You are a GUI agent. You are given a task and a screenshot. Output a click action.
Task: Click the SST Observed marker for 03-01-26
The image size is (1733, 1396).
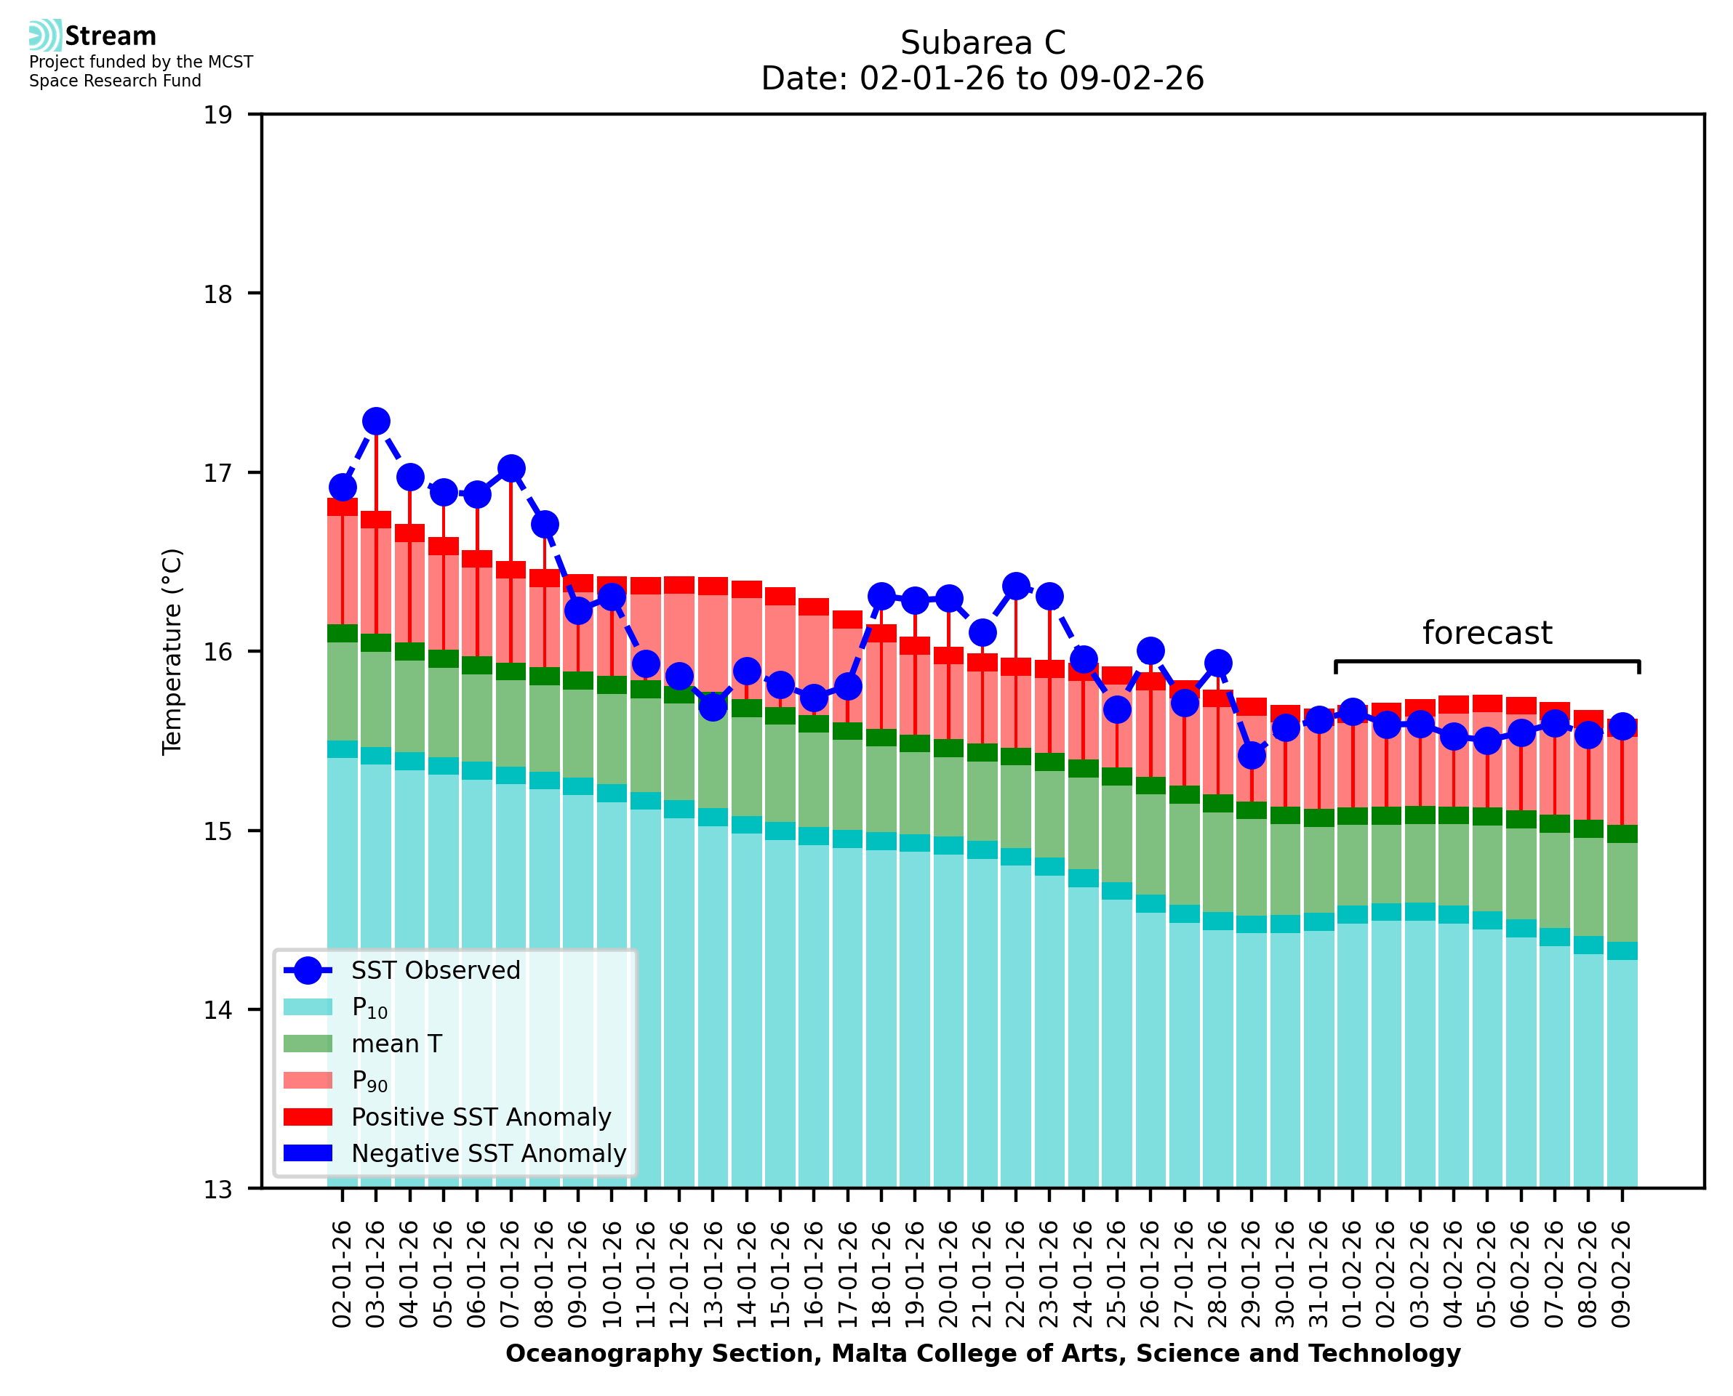coord(376,421)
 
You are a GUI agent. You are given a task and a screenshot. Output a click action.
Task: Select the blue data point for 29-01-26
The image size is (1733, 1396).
coord(1251,755)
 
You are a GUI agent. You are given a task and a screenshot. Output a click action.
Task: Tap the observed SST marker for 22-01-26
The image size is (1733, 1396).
coord(1015,586)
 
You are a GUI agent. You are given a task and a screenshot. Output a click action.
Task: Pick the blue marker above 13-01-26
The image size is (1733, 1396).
coord(713,707)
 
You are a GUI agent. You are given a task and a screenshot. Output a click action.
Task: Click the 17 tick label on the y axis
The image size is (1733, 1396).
coord(217,473)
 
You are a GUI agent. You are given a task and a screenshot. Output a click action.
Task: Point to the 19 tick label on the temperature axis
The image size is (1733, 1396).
coord(217,115)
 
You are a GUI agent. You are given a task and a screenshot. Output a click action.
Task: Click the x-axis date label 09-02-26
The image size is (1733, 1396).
coord(1621,1275)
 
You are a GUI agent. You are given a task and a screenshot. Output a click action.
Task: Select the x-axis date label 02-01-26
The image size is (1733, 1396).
coord(342,1275)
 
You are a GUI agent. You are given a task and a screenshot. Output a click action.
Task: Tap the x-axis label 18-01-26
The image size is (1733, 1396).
coord(881,1275)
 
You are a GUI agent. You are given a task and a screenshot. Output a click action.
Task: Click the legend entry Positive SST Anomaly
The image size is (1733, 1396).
coord(481,1117)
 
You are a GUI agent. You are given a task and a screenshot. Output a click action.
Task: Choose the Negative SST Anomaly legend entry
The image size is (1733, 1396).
coord(489,1153)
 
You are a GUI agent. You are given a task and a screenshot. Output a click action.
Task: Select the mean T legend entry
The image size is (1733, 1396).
coord(396,1044)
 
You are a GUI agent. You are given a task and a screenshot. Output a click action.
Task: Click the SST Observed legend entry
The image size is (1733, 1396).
coord(436,971)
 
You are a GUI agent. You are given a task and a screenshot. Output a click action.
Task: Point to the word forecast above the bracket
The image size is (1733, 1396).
coord(1486,633)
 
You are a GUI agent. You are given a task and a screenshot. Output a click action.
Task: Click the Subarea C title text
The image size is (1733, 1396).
coord(982,43)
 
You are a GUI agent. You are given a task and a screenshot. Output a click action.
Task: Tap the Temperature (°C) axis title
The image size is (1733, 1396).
coord(172,651)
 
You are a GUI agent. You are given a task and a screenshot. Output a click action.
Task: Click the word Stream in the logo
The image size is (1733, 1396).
coord(111,36)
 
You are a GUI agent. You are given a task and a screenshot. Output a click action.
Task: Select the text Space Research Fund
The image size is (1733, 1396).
coord(115,81)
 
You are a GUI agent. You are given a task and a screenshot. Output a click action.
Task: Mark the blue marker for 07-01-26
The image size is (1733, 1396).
coord(511,468)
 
